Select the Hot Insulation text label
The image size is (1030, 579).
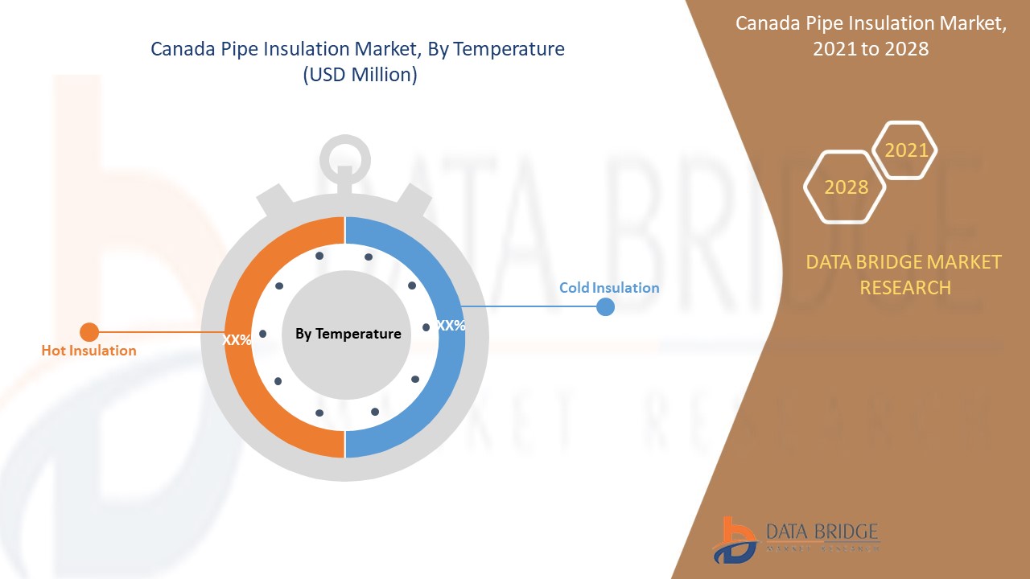pyautogui.click(x=89, y=351)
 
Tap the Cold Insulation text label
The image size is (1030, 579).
pyautogui.click(x=609, y=288)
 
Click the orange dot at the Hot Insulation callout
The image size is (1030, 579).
pyautogui.click(x=89, y=332)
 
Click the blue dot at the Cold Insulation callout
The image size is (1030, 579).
pyautogui.click(x=605, y=306)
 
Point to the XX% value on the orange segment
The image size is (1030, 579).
pyautogui.click(x=237, y=340)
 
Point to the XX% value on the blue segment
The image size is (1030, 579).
pyautogui.click(x=451, y=326)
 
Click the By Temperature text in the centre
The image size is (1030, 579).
pyautogui.click(x=348, y=334)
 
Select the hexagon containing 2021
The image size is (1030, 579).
pyautogui.click(x=905, y=150)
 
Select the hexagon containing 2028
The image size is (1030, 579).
pyautogui.click(x=845, y=187)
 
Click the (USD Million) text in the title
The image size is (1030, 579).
pyautogui.click(x=359, y=76)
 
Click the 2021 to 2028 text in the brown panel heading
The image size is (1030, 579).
pyautogui.click(x=871, y=49)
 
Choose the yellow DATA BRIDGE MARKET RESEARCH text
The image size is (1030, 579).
pyautogui.click(x=904, y=274)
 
